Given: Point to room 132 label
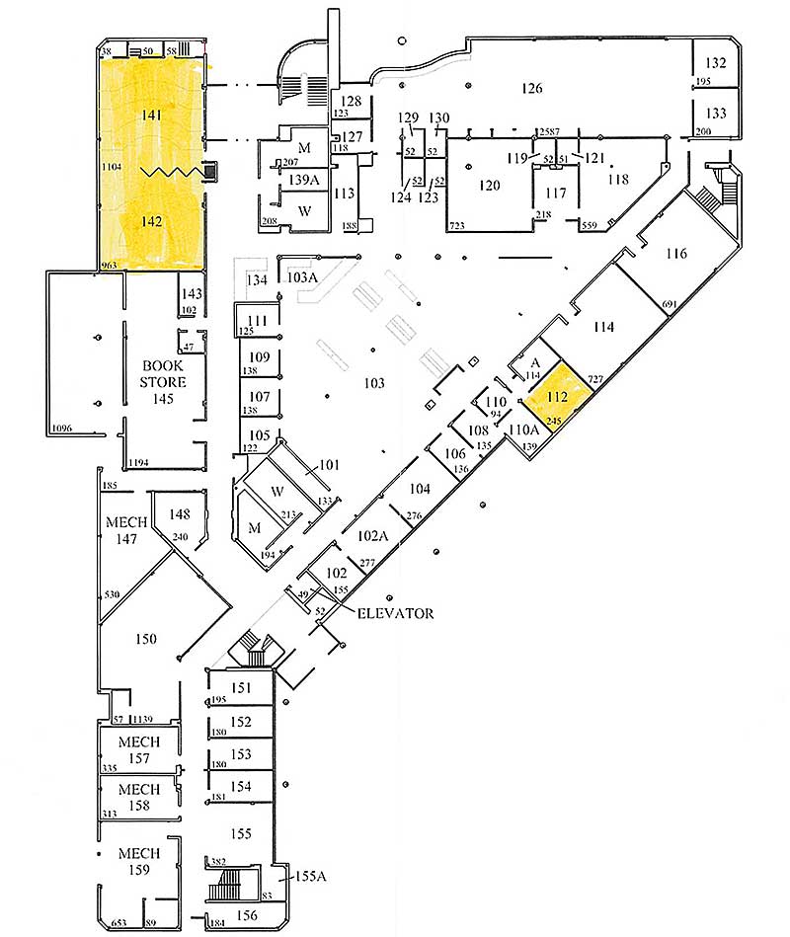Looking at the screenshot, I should [x=716, y=63].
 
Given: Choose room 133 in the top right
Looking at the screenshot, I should [x=716, y=114].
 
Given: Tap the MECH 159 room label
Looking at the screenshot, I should [x=139, y=861].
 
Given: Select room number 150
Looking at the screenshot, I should [x=146, y=639].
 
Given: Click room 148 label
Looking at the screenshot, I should [x=179, y=513].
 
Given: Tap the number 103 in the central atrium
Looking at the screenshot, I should [x=373, y=383].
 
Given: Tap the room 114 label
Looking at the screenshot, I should [x=604, y=327].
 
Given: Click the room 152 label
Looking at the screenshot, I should [x=241, y=722].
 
